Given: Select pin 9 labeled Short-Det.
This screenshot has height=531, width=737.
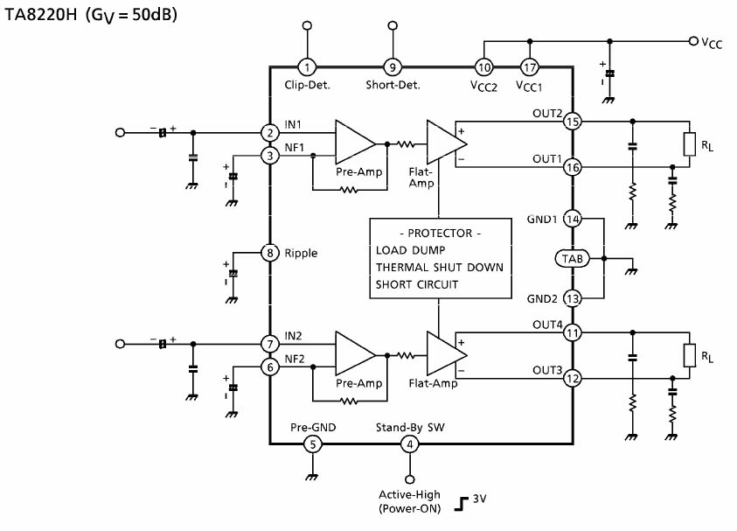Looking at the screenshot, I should tap(393, 66).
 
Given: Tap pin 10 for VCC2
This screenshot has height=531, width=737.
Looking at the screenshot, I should tap(483, 66).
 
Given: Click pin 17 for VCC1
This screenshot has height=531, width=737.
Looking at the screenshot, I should tap(529, 66).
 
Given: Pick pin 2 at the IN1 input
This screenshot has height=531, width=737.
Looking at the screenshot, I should tap(270, 133).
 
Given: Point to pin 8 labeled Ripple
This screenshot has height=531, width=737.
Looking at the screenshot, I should tap(270, 254).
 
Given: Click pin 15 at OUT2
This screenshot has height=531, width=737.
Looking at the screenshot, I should tap(573, 121).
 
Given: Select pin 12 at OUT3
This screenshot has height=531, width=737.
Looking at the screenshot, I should tap(573, 379).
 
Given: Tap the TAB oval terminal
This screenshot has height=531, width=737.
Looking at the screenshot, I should tap(573, 258).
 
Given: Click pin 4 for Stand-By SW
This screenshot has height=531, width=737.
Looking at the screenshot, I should tap(408, 444).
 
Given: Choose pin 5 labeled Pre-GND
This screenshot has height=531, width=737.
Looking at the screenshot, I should tap(312, 444).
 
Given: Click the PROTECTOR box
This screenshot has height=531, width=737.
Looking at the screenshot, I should tap(439, 259).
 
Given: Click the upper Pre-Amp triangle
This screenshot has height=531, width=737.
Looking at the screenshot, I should tap(355, 141).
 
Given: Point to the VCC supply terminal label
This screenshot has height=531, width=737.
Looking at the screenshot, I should tap(711, 41).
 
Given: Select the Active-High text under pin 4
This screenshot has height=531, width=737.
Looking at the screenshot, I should tap(408, 495).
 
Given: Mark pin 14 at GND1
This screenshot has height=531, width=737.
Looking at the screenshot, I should tap(573, 219).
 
